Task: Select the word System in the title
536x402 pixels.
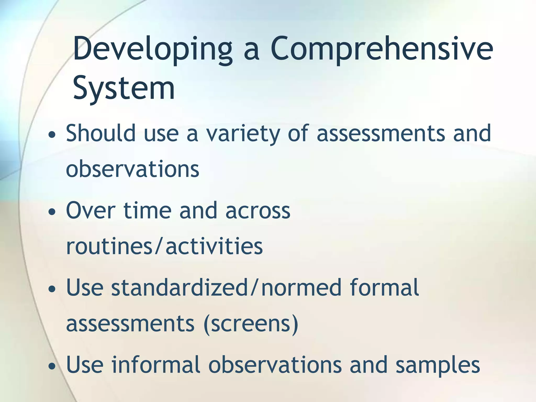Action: [x=124, y=88]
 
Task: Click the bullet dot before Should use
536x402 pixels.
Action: [x=52, y=135]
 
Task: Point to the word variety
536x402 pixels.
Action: [x=243, y=134]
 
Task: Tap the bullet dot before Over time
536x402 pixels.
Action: [x=52, y=212]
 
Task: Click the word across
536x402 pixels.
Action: [x=258, y=211]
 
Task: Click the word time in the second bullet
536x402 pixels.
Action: [x=147, y=211]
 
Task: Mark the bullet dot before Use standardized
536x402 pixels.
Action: [x=52, y=289]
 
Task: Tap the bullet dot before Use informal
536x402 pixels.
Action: [x=52, y=366]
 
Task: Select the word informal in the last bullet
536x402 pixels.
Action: [x=156, y=365]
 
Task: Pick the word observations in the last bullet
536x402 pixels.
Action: [x=275, y=365]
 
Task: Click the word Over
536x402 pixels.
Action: [x=91, y=211]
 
